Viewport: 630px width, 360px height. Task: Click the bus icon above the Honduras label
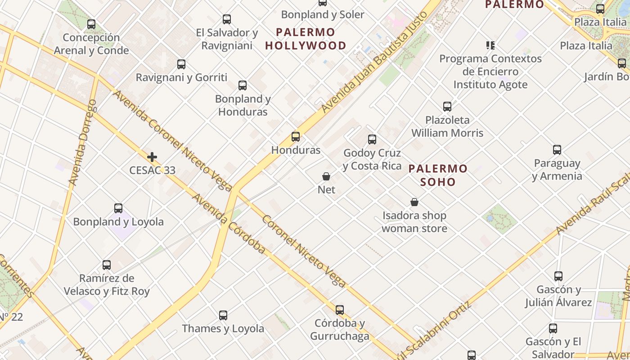click(x=296, y=137)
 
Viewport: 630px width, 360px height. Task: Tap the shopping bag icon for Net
click(x=326, y=176)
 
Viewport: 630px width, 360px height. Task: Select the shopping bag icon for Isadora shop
click(x=414, y=202)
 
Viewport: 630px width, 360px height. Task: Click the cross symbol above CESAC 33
click(x=152, y=157)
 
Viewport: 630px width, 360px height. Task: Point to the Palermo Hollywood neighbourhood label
click(x=306, y=39)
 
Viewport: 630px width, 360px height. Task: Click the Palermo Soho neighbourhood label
click(x=438, y=175)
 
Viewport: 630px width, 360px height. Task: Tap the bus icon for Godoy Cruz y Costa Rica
click(x=372, y=139)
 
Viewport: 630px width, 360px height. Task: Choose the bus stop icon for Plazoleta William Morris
click(x=447, y=107)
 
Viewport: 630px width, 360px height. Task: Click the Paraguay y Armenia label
click(x=557, y=169)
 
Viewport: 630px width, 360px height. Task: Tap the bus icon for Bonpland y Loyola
click(x=118, y=208)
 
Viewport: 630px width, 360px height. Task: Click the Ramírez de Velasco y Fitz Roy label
click(x=107, y=285)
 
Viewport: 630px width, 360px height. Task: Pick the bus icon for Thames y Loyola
click(x=223, y=315)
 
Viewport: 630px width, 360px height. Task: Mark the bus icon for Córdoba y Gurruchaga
click(x=340, y=310)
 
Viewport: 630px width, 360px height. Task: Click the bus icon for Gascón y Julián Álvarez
click(x=558, y=276)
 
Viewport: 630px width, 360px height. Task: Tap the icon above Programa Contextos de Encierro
click(x=490, y=45)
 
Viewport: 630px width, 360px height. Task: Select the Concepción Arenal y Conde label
click(x=91, y=44)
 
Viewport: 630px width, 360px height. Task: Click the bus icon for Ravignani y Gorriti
click(x=181, y=64)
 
